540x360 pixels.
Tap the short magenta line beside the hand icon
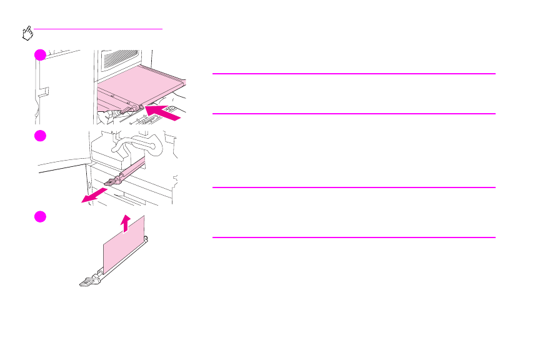point(99,29)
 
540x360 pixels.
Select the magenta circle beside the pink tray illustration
point(40,55)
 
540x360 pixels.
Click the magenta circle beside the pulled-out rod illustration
point(40,136)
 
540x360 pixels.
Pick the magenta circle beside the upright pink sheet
point(40,216)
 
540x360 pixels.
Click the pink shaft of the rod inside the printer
point(131,169)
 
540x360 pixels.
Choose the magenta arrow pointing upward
point(126,222)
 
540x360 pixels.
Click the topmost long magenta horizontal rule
point(354,74)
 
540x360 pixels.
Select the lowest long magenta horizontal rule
point(354,237)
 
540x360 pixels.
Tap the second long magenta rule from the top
point(354,113)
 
